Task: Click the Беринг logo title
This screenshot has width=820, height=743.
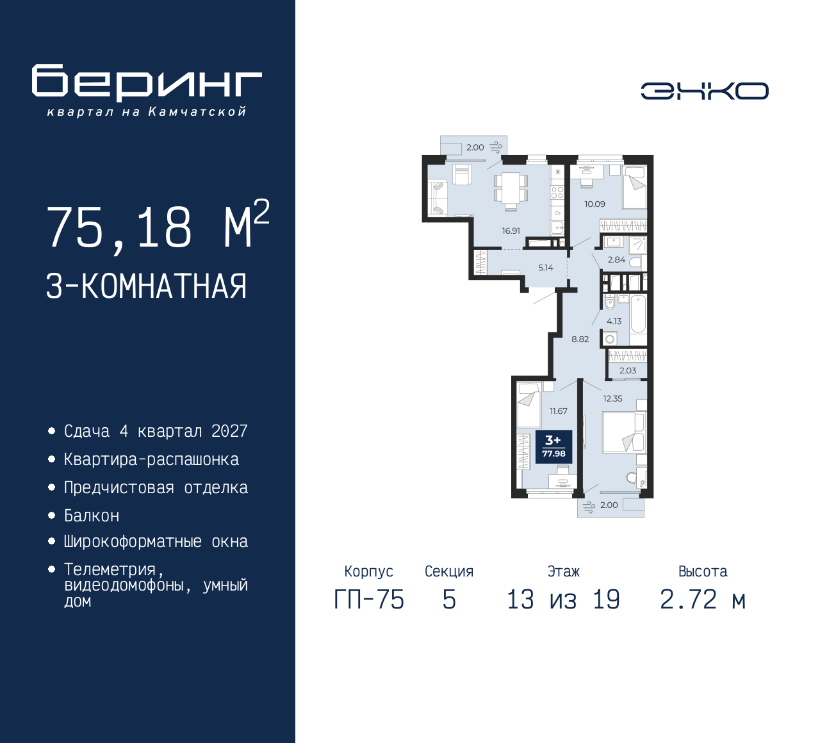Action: (x=147, y=83)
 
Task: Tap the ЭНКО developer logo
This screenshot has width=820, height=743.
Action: (x=704, y=91)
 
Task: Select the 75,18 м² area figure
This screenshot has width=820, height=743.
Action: (x=158, y=225)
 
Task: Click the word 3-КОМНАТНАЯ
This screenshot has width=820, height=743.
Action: (x=146, y=286)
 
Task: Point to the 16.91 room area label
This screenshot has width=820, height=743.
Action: (x=511, y=231)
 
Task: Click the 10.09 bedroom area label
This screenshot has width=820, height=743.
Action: (x=594, y=204)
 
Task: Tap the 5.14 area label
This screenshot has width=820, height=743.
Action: (x=546, y=268)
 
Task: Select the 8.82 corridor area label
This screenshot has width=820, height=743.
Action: (x=580, y=339)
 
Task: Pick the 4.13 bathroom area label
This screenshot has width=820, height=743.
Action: (x=614, y=322)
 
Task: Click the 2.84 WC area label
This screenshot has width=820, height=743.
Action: (x=616, y=259)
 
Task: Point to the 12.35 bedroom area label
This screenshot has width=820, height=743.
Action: (x=612, y=398)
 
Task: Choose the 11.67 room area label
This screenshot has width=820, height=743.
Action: (x=559, y=411)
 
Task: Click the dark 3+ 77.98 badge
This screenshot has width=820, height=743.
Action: (x=554, y=446)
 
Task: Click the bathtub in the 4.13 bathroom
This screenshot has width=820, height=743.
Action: (x=637, y=314)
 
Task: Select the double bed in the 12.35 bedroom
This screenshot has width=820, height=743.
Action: (x=624, y=432)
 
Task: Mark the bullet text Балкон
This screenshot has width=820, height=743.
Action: (x=92, y=516)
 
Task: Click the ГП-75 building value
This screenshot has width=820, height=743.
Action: (x=369, y=600)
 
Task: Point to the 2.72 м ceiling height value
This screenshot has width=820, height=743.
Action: (x=703, y=600)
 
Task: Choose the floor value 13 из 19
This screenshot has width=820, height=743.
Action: (x=564, y=600)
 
